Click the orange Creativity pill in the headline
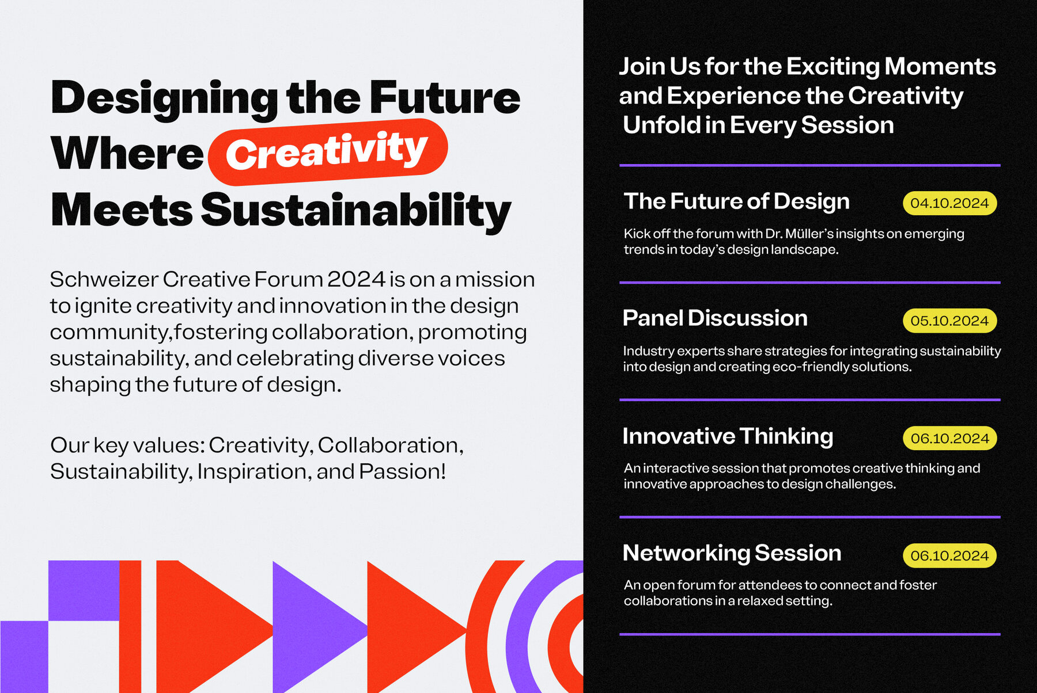pyautogui.click(x=328, y=152)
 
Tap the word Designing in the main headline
pyautogui.click(x=165, y=98)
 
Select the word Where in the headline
pyautogui.click(x=127, y=154)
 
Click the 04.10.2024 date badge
pyautogui.click(x=949, y=203)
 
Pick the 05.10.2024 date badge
pyautogui.click(x=949, y=321)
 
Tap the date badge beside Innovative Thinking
pyautogui.click(x=949, y=438)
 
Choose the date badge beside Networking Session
pyautogui.click(x=949, y=555)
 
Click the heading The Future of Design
pyautogui.click(x=737, y=201)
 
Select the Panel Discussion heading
pyautogui.click(x=715, y=318)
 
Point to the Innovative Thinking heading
pyautogui.click(x=728, y=437)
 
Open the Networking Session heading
pyautogui.click(x=732, y=553)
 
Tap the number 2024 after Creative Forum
pyautogui.click(x=357, y=279)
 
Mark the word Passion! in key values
pyautogui.click(x=403, y=471)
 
